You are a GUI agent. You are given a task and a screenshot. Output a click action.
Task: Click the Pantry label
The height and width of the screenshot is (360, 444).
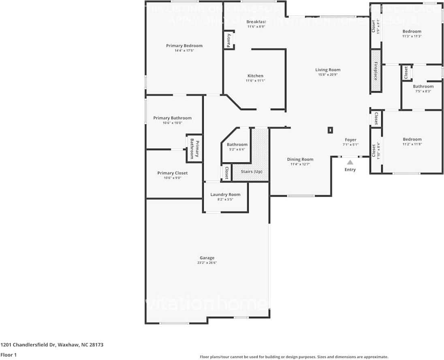(x=229, y=40)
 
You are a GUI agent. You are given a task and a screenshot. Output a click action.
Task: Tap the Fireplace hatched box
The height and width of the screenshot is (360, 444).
(x=376, y=71)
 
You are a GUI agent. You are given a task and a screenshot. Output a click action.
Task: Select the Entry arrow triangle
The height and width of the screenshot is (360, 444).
(x=350, y=162)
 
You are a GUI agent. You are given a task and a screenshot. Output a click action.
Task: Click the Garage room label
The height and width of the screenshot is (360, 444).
(x=207, y=258)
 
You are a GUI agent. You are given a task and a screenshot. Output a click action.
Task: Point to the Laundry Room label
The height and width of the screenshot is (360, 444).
(x=225, y=195)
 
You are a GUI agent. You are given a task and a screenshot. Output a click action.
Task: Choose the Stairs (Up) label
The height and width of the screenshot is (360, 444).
(x=252, y=172)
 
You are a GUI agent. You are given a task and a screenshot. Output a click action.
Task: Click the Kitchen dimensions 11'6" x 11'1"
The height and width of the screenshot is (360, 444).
(x=255, y=81)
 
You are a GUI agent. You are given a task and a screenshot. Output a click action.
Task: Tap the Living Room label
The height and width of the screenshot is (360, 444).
(x=328, y=70)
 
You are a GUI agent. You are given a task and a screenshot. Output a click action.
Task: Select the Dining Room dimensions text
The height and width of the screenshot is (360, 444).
(x=300, y=164)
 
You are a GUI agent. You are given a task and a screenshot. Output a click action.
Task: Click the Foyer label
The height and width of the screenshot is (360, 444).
(x=350, y=140)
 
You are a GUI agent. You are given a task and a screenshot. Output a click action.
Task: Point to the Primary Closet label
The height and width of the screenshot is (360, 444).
(x=173, y=173)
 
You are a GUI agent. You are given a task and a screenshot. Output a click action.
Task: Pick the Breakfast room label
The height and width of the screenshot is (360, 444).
(x=256, y=21)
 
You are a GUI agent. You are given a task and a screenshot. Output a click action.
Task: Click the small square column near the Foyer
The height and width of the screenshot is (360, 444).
(x=330, y=130)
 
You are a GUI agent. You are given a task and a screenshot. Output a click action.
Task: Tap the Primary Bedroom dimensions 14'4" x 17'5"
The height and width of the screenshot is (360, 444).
(x=184, y=51)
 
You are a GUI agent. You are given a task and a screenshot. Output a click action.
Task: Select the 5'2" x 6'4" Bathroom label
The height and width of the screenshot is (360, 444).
(x=237, y=145)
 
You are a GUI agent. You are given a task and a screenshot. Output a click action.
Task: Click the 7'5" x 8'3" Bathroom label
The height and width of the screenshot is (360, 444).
(x=423, y=86)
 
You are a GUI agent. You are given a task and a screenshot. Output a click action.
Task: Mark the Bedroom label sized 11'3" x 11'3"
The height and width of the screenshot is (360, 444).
(x=412, y=31)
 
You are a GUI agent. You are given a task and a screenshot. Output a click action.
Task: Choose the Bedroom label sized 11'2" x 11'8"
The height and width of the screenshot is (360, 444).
(x=412, y=139)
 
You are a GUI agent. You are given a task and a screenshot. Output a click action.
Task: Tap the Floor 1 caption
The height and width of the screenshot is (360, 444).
(x=8, y=355)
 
